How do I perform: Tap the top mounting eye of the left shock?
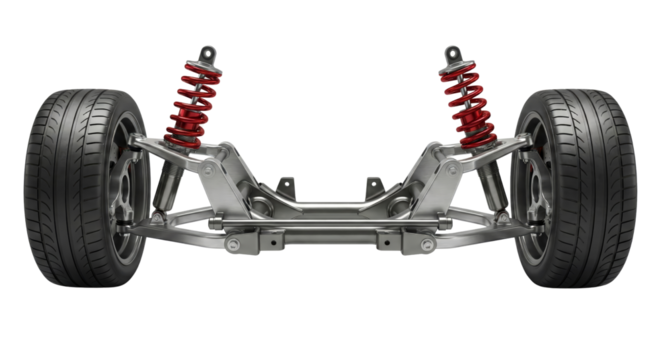click(x=208, y=52)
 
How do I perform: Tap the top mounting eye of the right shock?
click(x=453, y=52)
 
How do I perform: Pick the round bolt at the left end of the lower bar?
click(x=233, y=244)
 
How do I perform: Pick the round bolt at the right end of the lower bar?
click(x=429, y=244)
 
